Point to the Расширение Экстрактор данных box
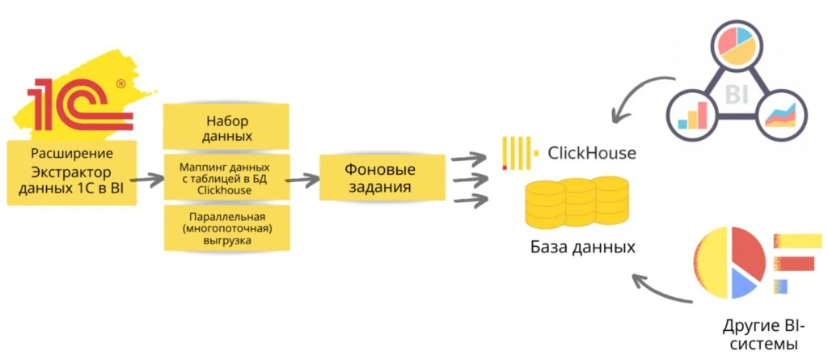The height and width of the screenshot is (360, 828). coord(71,173)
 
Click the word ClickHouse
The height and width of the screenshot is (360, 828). coord(591,152)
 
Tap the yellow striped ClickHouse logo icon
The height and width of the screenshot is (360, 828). coord(517,153)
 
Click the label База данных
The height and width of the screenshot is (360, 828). coord(582,247)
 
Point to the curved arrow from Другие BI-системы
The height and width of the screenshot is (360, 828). coord(659,291)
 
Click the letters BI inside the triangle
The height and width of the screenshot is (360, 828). coord(736,95)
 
